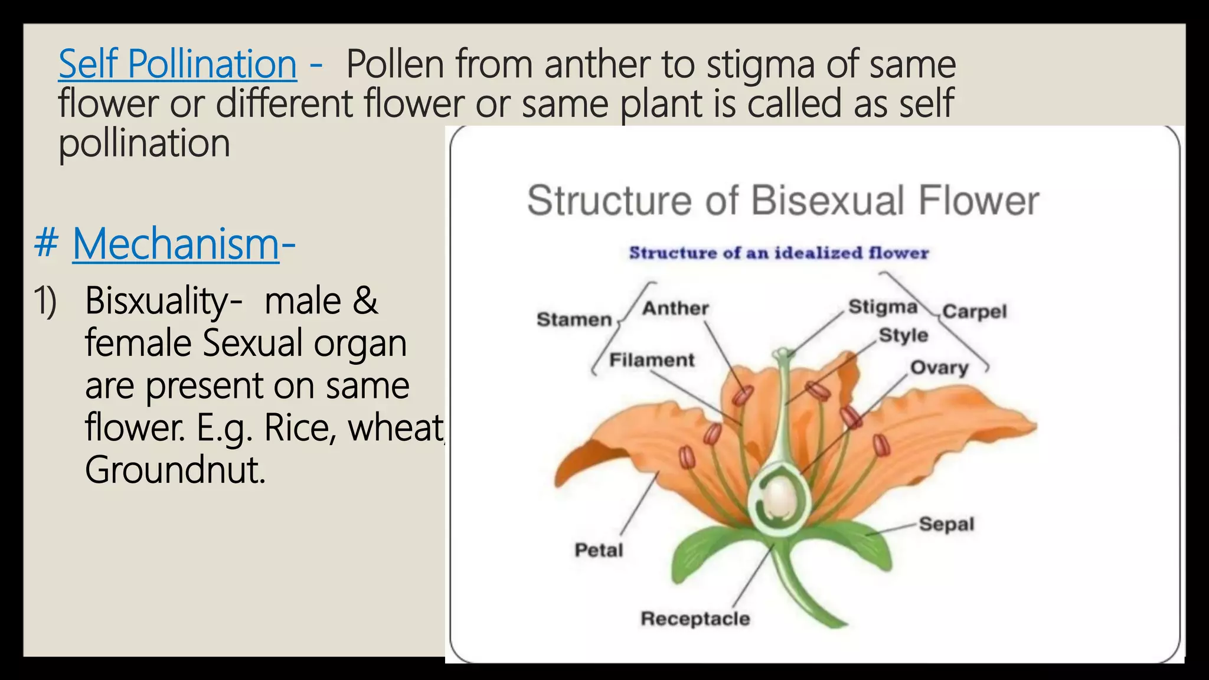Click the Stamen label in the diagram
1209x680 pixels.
pyautogui.click(x=574, y=320)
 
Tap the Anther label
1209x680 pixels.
pyautogui.click(x=675, y=308)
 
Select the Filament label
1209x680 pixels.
pyautogui.click(x=652, y=360)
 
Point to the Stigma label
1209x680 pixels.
pyautogui.click(x=883, y=307)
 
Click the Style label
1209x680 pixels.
pyautogui.click(x=903, y=335)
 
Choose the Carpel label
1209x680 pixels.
pyautogui.click(x=974, y=312)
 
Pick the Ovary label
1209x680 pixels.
pyautogui.click(x=939, y=368)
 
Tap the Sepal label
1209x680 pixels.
pyautogui.click(x=946, y=524)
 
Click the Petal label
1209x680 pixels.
pyautogui.click(x=599, y=550)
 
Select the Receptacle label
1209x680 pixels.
pyautogui.click(x=695, y=619)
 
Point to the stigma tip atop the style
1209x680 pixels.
pyautogui.click(x=782, y=354)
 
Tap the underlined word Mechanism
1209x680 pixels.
pyautogui.click(x=176, y=244)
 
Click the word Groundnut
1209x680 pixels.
pyautogui.click(x=175, y=470)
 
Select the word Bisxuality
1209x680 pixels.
pyautogui.click(x=163, y=301)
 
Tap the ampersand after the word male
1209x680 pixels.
pyautogui.click(x=365, y=301)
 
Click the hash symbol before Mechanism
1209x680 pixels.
pyautogui.click(x=46, y=244)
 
